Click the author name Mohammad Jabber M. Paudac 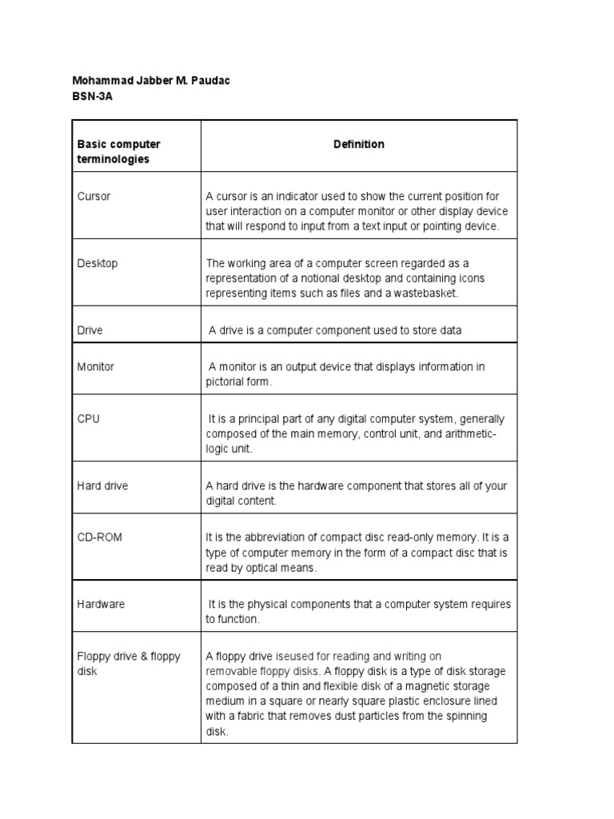point(146,81)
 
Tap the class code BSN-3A point(87,96)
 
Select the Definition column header point(359,144)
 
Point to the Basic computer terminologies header point(118,152)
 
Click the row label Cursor point(94,196)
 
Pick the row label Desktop point(97,263)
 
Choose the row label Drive point(90,330)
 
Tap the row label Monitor point(95,366)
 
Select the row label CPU point(88,418)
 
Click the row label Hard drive point(102,485)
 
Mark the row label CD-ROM point(99,537)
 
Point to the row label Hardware point(101,605)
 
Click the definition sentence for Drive point(335,330)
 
